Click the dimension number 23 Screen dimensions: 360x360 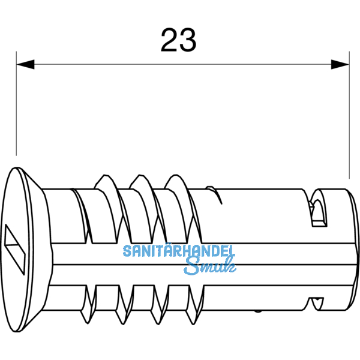coord(178,40)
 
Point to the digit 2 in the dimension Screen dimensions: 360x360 coord(169,40)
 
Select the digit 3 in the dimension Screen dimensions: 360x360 coord(188,40)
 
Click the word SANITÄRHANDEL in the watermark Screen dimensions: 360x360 coord(179,251)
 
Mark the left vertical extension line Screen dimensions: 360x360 coord(16,108)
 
